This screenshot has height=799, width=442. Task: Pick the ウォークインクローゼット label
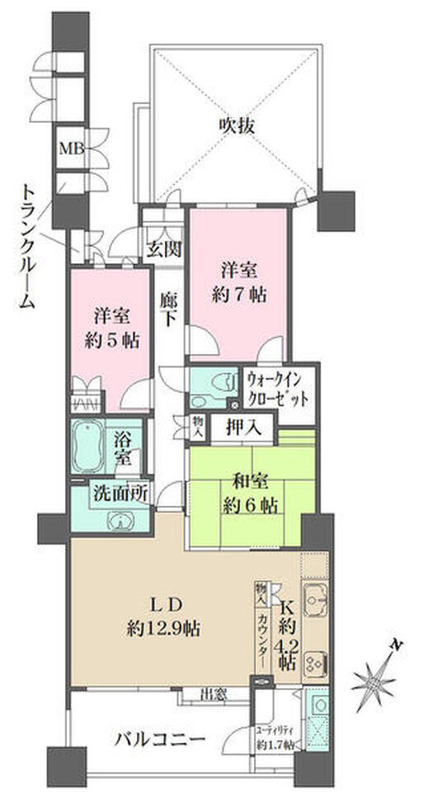point(279,387)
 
